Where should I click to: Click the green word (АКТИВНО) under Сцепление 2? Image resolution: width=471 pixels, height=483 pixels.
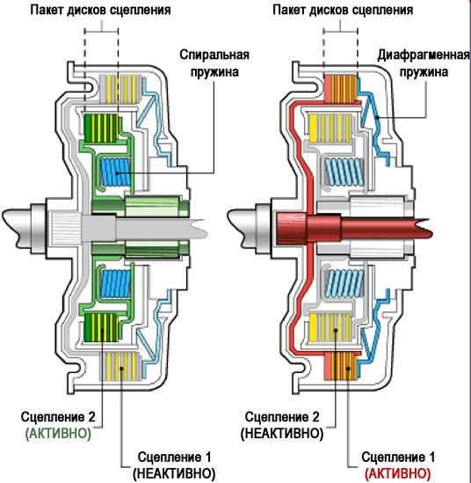[x=58, y=434]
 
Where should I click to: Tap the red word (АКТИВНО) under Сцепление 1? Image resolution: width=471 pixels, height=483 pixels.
[x=397, y=473]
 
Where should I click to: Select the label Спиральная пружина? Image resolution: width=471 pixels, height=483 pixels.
[x=214, y=63]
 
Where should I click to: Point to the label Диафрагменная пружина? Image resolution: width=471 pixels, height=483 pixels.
[x=424, y=63]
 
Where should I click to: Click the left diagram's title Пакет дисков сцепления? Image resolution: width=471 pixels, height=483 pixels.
[x=100, y=11]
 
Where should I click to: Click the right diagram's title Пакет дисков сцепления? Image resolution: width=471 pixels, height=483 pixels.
[x=343, y=11]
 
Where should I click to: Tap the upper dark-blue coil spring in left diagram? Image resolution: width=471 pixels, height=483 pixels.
[x=116, y=172]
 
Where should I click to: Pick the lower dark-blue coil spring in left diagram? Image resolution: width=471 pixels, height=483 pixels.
[x=116, y=283]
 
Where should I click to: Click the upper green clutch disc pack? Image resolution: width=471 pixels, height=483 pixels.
[x=102, y=128]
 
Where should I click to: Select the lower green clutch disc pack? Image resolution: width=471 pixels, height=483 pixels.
[x=102, y=327]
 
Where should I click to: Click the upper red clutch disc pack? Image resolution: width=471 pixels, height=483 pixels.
[x=341, y=89]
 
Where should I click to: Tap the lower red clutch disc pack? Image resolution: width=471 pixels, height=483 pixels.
[x=341, y=366]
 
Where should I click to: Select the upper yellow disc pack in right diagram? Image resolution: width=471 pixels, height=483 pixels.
[x=330, y=128]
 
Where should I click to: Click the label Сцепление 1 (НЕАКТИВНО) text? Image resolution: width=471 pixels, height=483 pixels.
[x=174, y=465]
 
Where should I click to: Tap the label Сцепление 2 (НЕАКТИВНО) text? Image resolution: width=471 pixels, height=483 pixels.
[x=282, y=426]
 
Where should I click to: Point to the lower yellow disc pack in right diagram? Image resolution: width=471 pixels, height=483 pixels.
[x=330, y=327]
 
